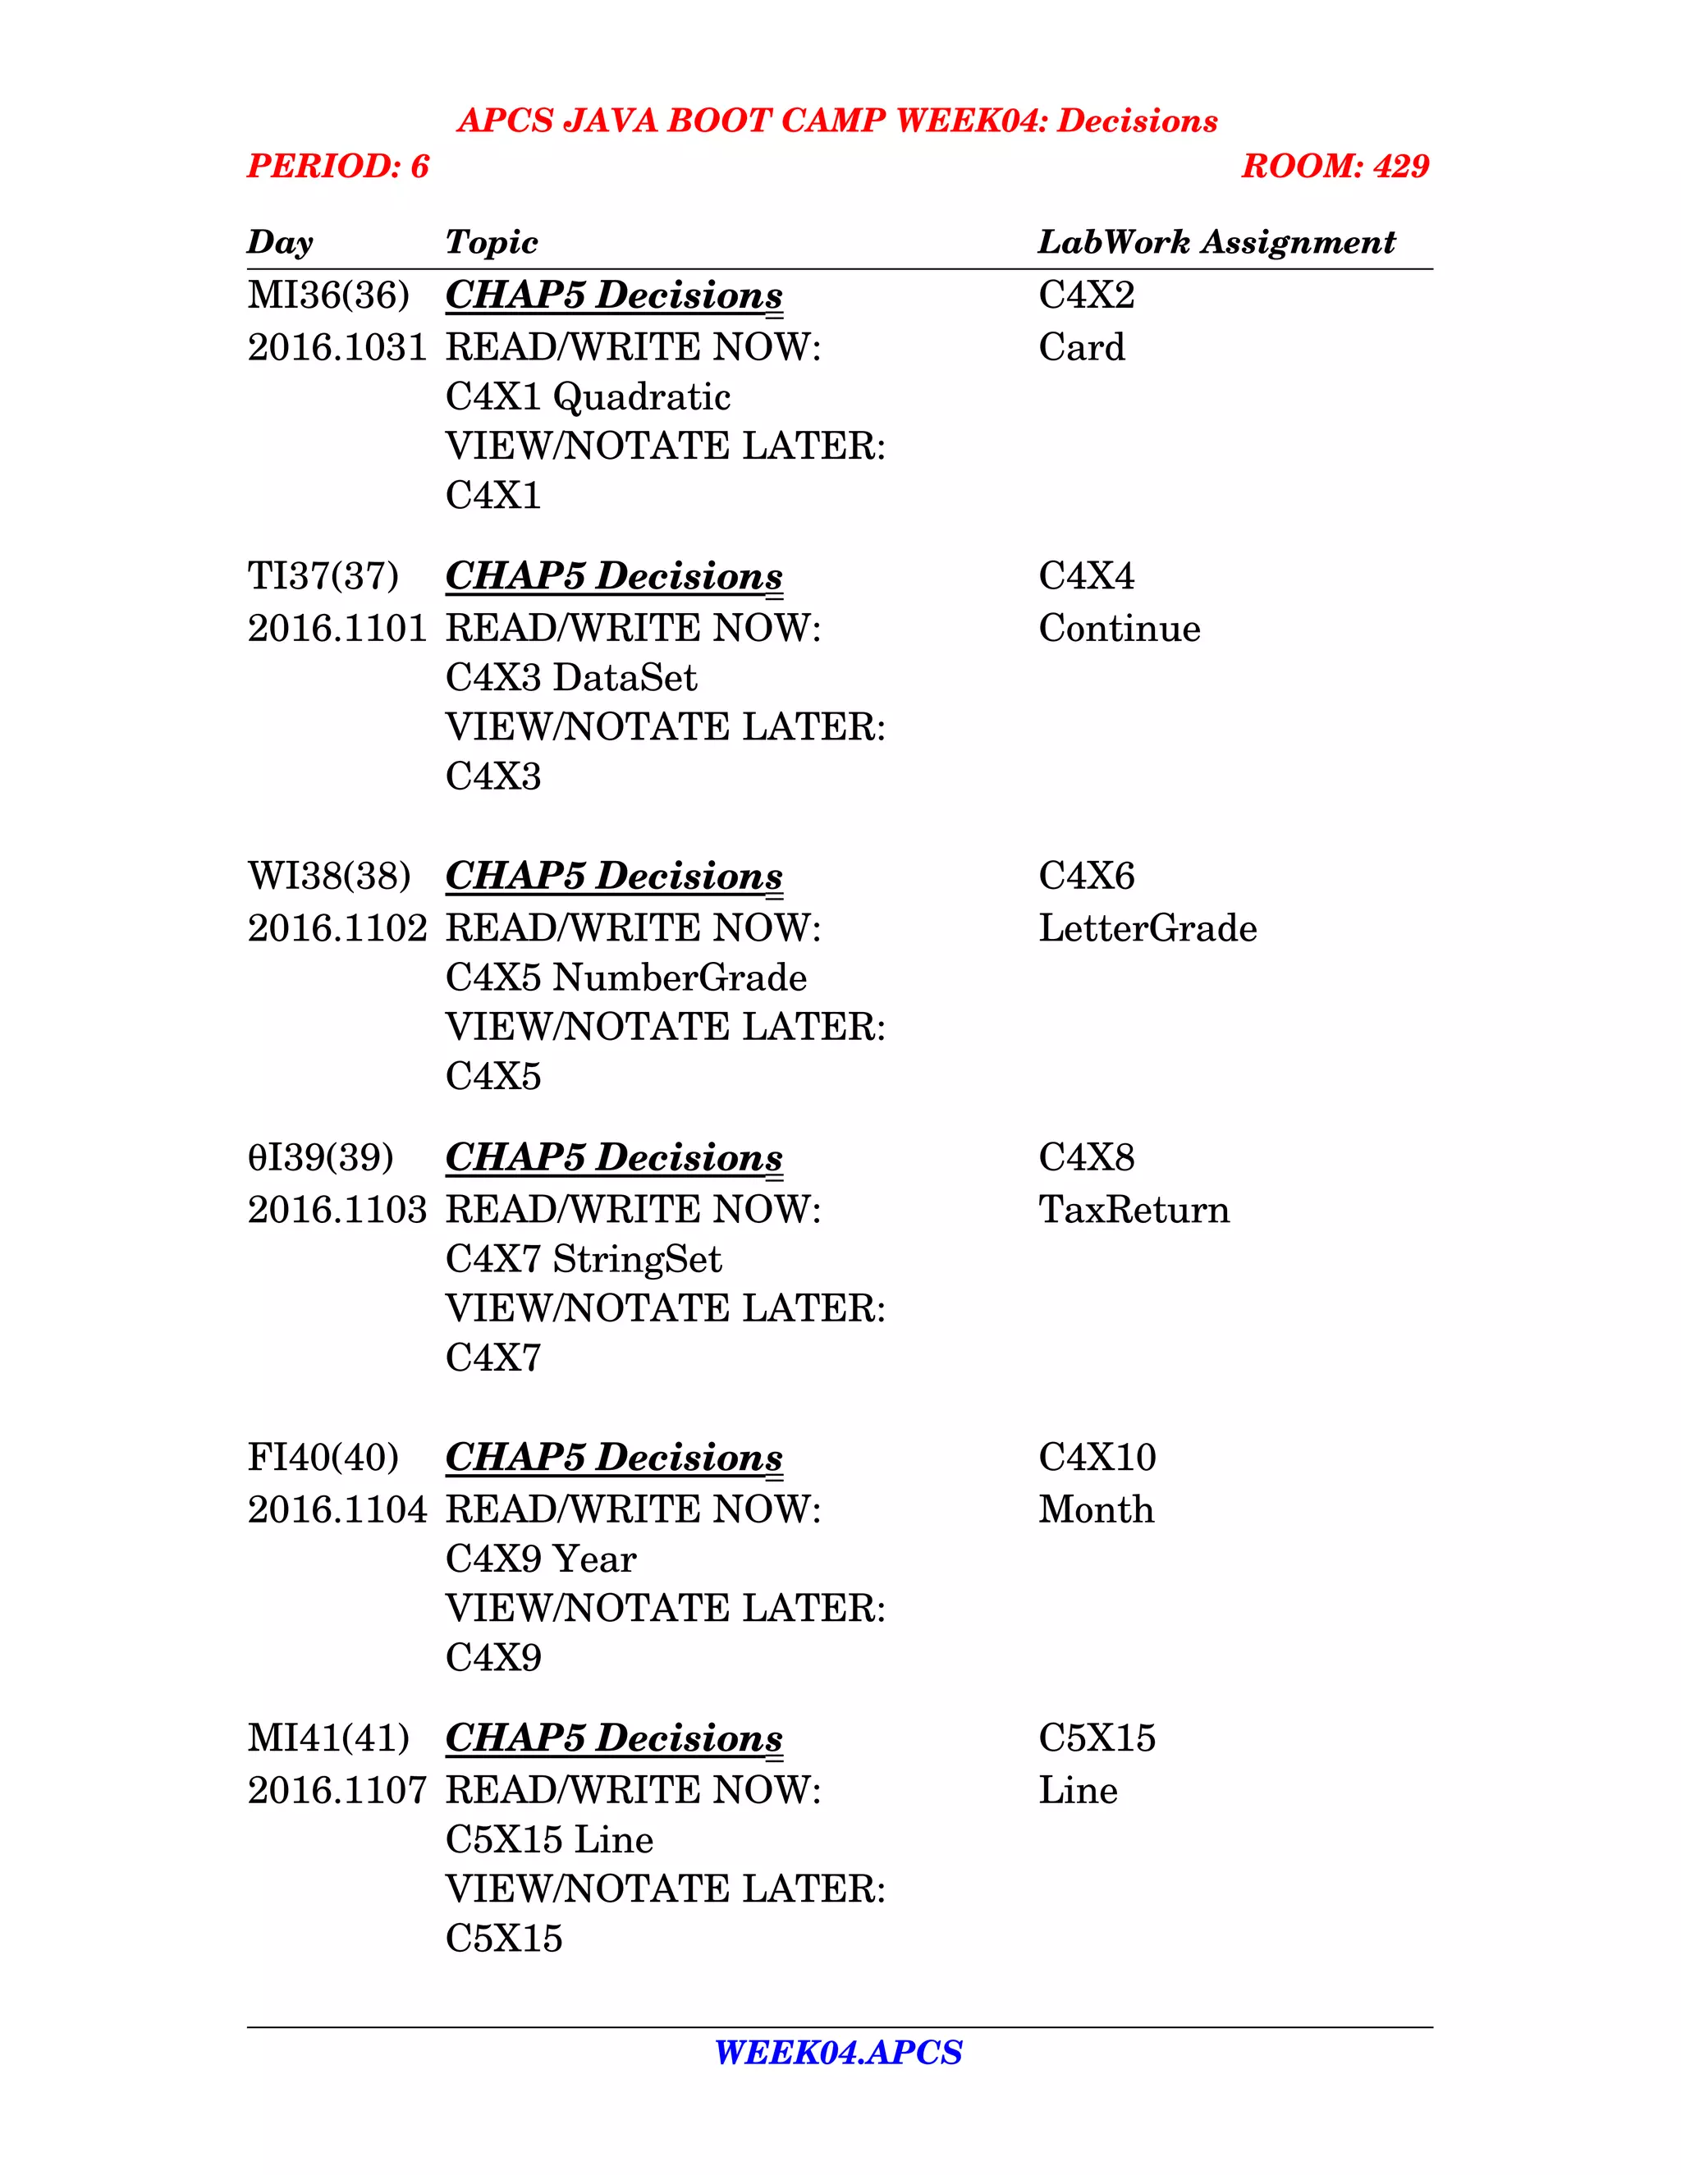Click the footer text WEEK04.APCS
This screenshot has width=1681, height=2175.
click(x=839, y=2053)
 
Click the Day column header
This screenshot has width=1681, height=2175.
click(x=280, y=242)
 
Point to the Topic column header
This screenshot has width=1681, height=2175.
click(x=491, y=242)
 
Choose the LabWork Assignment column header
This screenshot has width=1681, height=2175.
click(x=1216, y=242)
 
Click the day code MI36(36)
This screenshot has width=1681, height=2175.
click(x=327, y=295)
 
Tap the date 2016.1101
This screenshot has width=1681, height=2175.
click(x=337, y=629)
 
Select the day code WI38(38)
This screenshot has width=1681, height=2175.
click(x=328, y=877)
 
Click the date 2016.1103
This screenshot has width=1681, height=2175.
click(x=337, y=1210)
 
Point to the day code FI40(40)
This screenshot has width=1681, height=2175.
click(x=323, y=1457)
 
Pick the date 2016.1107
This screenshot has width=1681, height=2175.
click(x=337, y=1791)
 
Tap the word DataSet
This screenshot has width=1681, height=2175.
click(x=625, y=678)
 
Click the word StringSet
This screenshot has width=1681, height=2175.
click(x=636, y=1260)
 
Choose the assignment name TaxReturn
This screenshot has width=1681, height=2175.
click(x=1134, y=1210)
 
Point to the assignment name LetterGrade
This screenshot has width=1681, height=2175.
click(x=1147, y=928)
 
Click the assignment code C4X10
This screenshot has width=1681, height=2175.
click(x=1097, y=1457)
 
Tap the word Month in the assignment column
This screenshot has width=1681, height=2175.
click(x=1096, y=1509)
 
